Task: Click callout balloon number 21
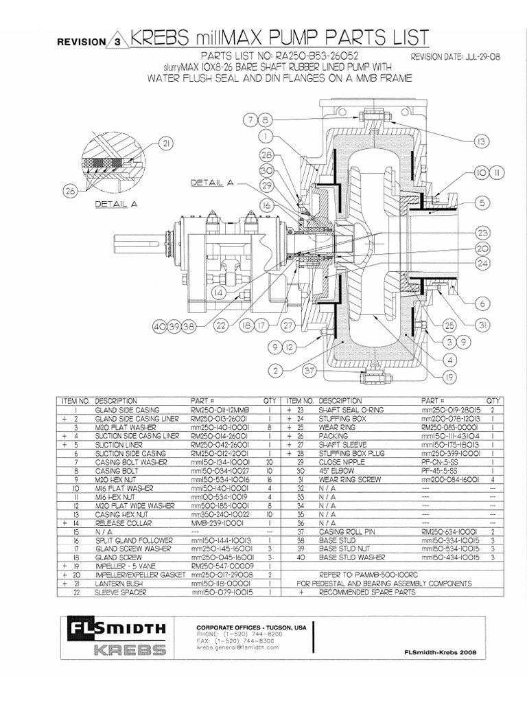click(x=166, y=143)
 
